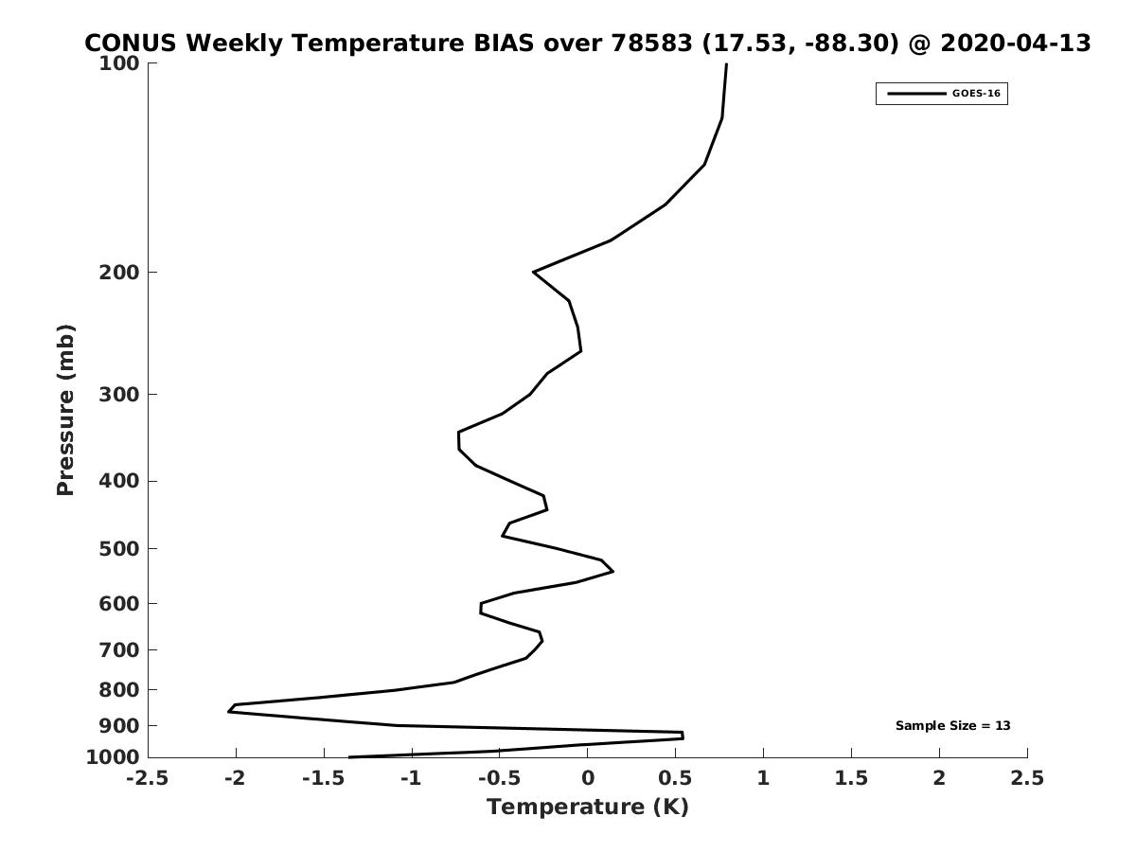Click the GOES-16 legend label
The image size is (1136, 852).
click(x=976, y=94)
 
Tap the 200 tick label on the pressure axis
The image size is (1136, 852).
click(x=119, y=272)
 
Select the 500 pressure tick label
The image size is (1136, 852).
click(x=119, y=548)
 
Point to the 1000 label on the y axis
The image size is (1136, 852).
click(x=113, y=757)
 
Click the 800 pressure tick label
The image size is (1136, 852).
click(x=119, y=689)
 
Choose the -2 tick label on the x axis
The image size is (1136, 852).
click(x=235, y=778)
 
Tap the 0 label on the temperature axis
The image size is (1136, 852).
click(x=588, y=778)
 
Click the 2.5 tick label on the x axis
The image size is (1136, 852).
click(x=1027, y=778)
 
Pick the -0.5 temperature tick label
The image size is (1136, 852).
click(x=499, y=778)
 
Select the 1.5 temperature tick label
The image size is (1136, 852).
click(x=851, y=778)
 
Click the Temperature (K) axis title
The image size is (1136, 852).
click(x=588, y=807)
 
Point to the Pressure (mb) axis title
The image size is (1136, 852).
click(x=65, y=410)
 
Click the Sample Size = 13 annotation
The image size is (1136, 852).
click(x=952, y=726)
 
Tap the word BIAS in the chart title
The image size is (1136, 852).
click(x=504, y=43)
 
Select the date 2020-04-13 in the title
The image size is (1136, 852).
click(x=1016, y=43)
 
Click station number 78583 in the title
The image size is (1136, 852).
click(x=651, y=43)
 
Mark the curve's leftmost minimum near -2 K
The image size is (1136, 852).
click(x=229, y=712)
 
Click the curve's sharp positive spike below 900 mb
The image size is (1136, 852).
click(x=683, y=736)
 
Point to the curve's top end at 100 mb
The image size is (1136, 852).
click(x=726, y=63)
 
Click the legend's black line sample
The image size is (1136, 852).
click(x=916, y=94)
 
